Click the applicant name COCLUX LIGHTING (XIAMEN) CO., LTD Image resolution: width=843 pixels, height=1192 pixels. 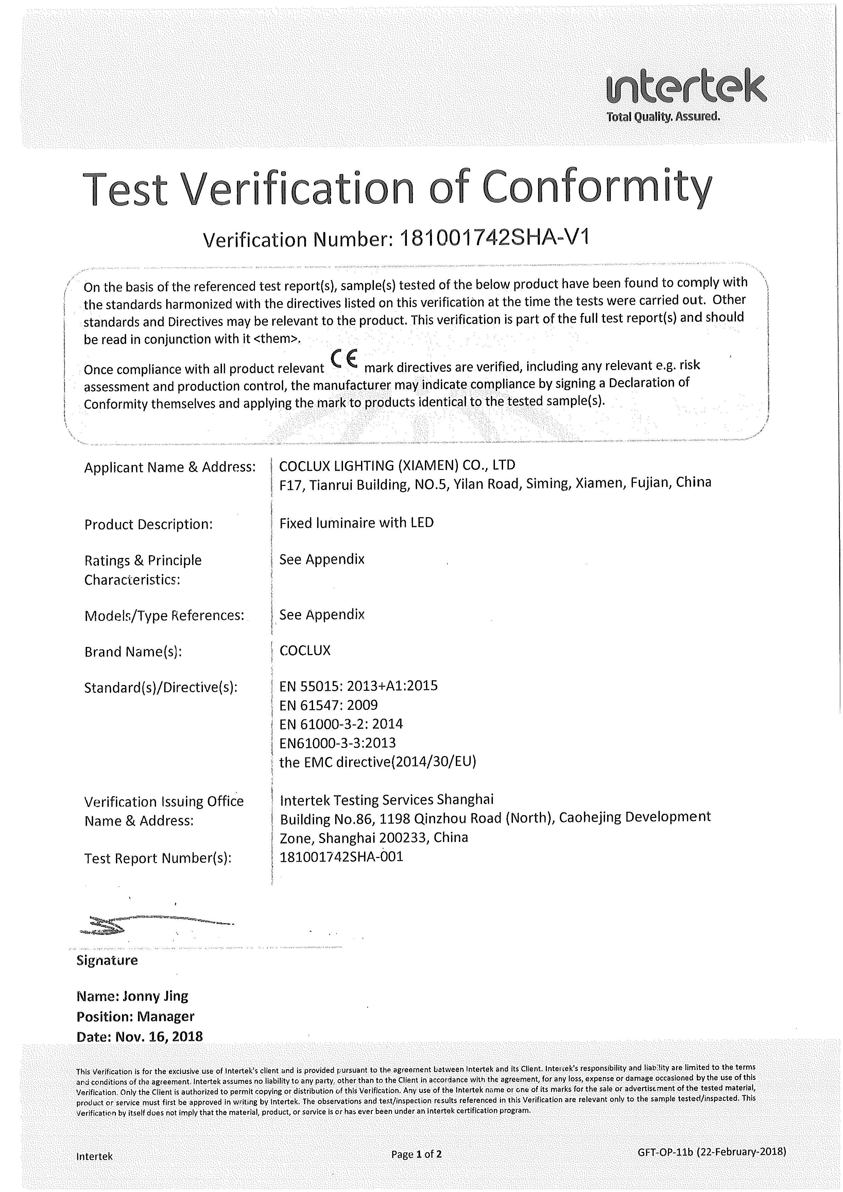coord(397,465)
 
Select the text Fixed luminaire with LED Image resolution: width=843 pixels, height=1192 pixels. coord(356,523)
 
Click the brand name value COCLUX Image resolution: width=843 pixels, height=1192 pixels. coord(305,650)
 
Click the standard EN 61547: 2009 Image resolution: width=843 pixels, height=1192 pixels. coord(328,705)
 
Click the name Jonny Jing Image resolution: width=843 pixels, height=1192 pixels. coord(154,996)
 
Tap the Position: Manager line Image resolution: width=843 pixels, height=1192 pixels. coord(135,1016)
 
